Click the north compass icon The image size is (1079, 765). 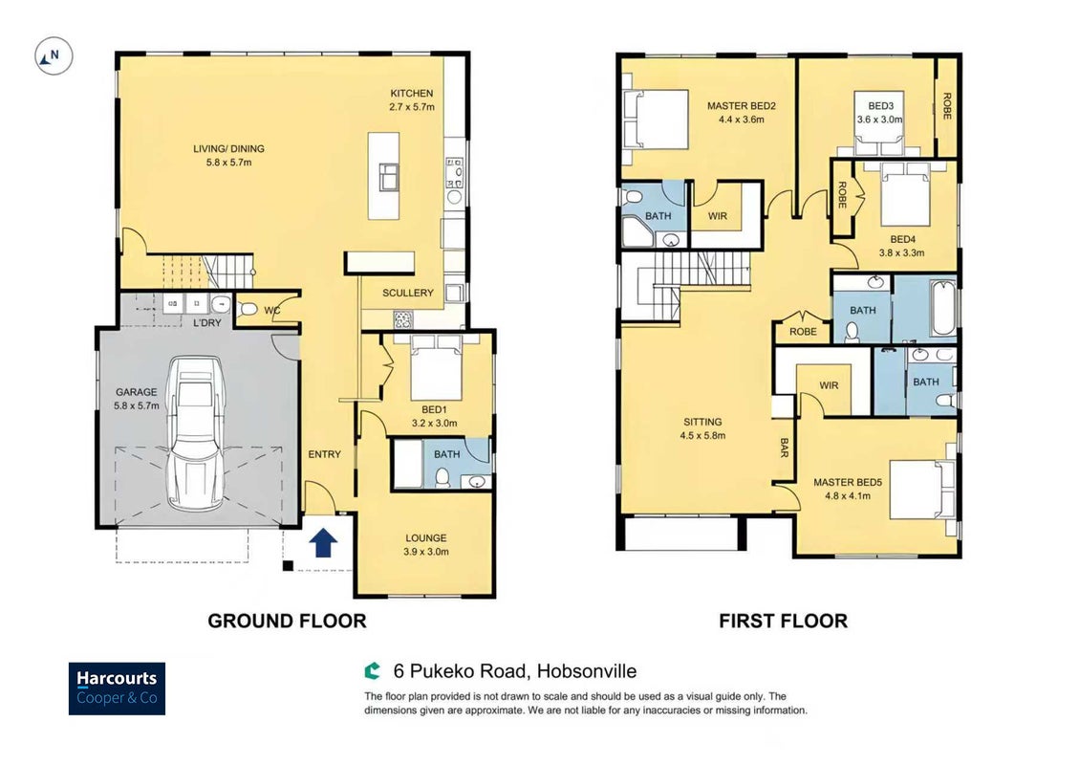(x=54, y=55)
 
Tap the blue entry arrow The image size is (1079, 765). (x=323, y=542)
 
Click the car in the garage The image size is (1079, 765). (x=197, y=433)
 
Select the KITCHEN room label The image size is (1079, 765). (x=412, y=94)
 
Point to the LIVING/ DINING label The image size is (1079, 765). (x=228, y=149)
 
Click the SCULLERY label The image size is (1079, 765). (x=408, y=293)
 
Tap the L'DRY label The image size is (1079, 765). (x=207, y=322)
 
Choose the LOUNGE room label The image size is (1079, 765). (x=426, y=537)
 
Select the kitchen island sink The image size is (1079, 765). (x=389, y=177)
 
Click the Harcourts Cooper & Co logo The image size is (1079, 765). (x=117, y=688)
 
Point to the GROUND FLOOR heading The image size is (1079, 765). (x=287, y=622)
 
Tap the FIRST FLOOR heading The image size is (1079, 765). (x=783, y=622)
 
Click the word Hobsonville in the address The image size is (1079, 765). (x=587, y=671)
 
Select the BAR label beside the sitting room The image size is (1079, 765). (x=784, y=448)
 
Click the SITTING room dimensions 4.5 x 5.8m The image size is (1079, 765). (x=702, y=436)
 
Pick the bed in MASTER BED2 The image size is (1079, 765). (x=655, y=119)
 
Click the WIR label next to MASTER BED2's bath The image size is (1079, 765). (x=718, y=216)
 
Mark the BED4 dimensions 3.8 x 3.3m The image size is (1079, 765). (x=901, y=252)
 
